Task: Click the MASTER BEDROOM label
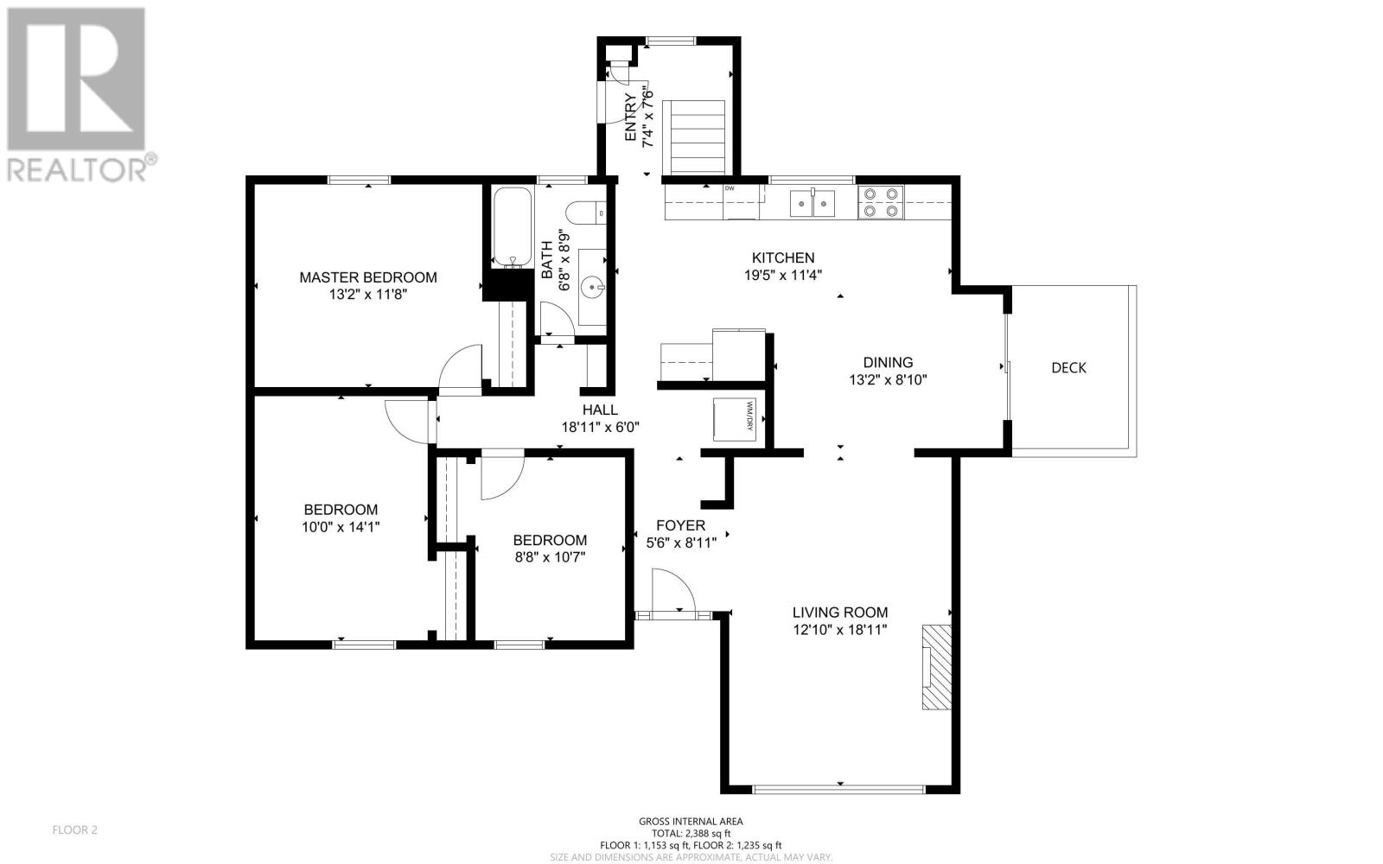click(x=368, y=277)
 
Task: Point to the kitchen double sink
click(x=813, y=203)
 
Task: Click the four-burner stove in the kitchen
click(x=881, y=202)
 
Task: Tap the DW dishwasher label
click(x=730, y=188)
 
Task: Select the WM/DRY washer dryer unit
click(x=734, y=420)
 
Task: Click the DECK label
click(x=1068, y=368)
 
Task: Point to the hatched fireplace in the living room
click(x=937, y=666)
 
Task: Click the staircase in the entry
click(x=694, y=137)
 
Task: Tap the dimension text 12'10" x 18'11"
click(x=839, y=630)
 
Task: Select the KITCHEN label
click(x=783, y=258)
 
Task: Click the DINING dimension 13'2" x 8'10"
click(x=888, y=379)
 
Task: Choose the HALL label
click(x=600, y=410)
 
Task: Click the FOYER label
click(x=680, y=525)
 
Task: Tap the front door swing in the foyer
click(x=673, y=591)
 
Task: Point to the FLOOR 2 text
click(x=74, y=830)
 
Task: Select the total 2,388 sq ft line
click(x=691, y=833)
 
